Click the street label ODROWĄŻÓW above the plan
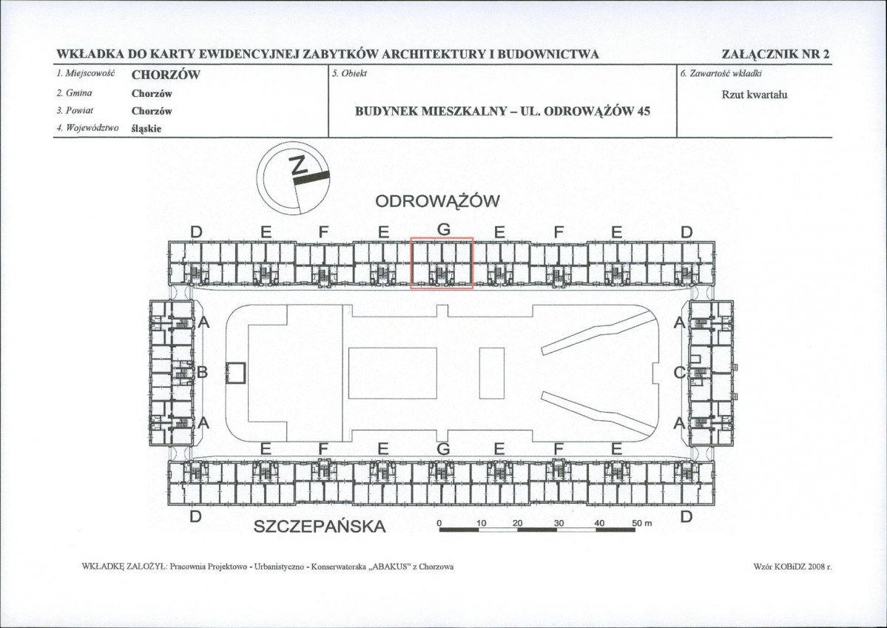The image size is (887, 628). point(438,201)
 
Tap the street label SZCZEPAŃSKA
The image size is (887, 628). point(320,526)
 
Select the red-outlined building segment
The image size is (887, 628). point(442,263)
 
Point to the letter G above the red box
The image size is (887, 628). point(444,230)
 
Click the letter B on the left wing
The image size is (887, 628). point(203,373)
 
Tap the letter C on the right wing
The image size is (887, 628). point(679,373)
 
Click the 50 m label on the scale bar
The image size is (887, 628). point(642,524)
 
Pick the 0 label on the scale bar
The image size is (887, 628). point(439,524)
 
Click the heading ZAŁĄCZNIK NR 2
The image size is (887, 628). point(775,54)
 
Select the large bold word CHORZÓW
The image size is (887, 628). point(166,75)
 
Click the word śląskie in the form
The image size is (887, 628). point(146,129)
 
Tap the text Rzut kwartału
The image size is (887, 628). point(755,95)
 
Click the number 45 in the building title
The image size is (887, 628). point(644,111)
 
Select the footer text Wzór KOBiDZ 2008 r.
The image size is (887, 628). point(793,567)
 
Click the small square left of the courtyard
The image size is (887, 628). point(235,373)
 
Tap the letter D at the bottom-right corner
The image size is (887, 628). point(687,516)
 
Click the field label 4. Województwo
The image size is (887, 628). point(88,128)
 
